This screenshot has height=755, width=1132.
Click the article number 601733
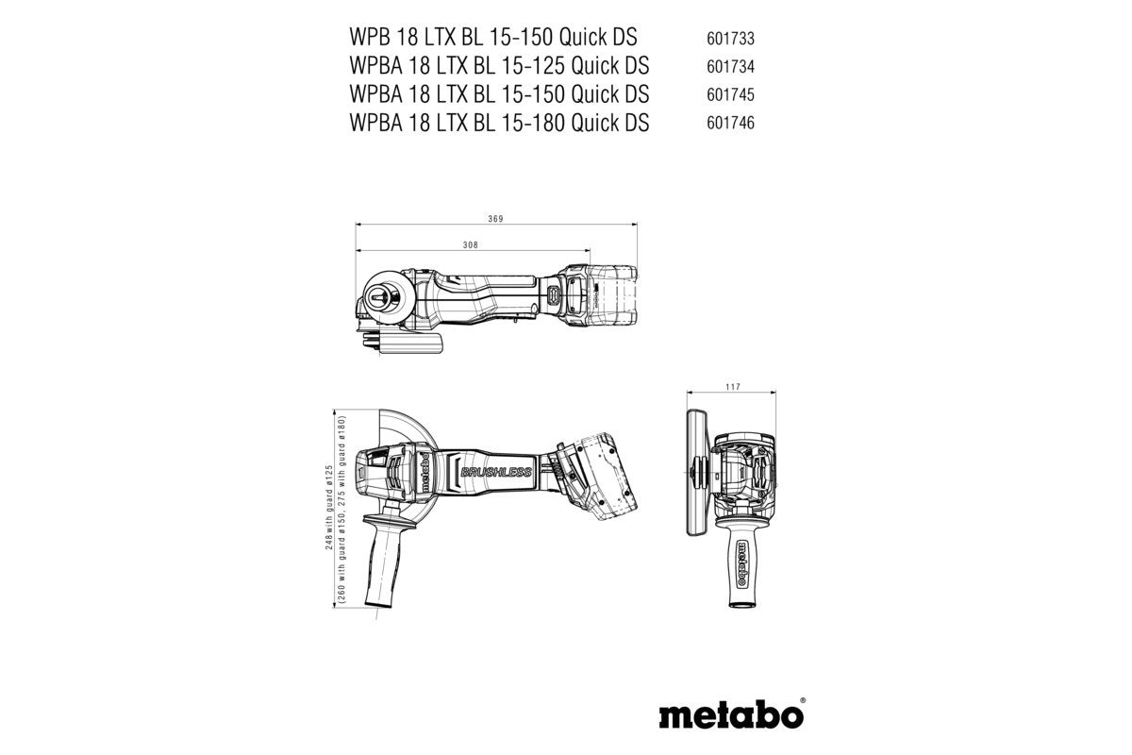coord(729,39)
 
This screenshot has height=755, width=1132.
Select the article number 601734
coord(729,67)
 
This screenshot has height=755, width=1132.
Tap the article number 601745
coord(729,95)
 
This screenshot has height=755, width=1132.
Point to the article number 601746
coord(729,124)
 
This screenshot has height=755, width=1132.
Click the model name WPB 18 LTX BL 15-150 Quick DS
coord(492,38)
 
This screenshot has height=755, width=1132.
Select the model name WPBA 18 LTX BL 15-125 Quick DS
coord(498,66)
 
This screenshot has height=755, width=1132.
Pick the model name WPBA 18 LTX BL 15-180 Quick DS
coord(498,123)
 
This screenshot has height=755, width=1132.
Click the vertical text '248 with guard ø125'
coord(328,480)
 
